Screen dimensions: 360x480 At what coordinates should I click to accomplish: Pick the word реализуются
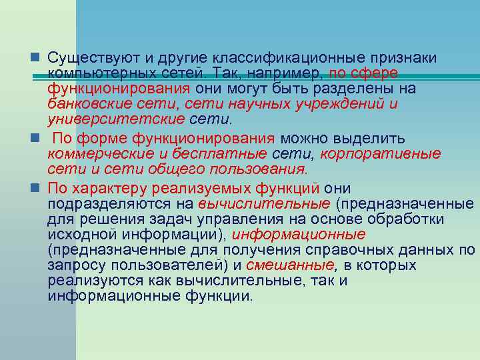[x=87, y=281]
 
